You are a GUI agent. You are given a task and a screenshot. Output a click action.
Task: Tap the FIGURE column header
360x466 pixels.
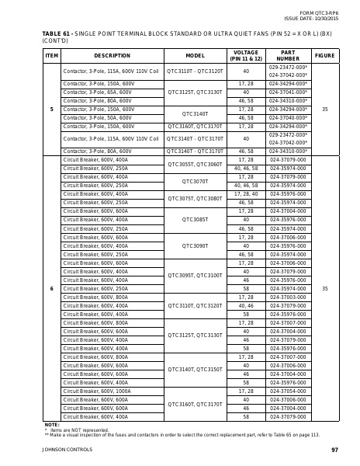[x=324, y=56]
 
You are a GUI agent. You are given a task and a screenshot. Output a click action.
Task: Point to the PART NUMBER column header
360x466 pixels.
[x=288, y=56]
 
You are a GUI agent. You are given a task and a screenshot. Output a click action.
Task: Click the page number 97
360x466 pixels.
[x=334, y=450]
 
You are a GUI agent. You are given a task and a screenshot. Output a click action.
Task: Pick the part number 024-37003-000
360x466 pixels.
[x=288, y=297]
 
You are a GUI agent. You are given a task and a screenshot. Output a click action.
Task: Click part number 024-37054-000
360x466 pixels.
[x=288, y=391]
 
